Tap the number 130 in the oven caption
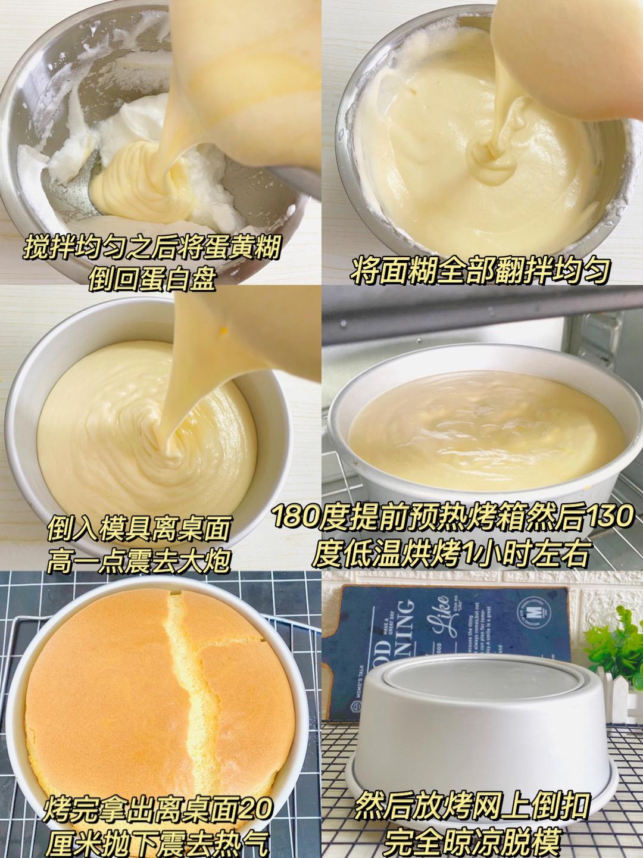[610, 516]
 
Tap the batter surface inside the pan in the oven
[476, 429]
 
